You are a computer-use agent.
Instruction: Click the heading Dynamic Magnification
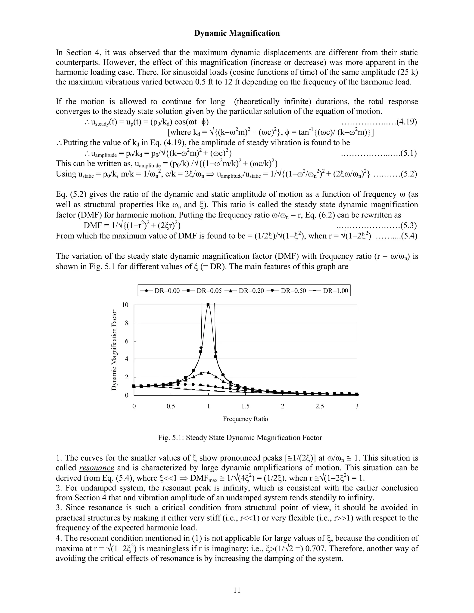click(237, 33)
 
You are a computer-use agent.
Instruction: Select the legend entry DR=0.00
click(160, 291)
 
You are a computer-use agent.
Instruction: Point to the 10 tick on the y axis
click(125, 305)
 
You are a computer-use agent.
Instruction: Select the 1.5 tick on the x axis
click(245, 406)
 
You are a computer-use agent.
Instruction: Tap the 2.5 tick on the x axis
click(320, 406)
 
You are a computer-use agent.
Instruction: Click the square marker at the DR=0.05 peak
click(208, 305)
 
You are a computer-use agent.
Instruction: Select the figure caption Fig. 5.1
click(240, 438)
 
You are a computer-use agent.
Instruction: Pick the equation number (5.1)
click(408, 153)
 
